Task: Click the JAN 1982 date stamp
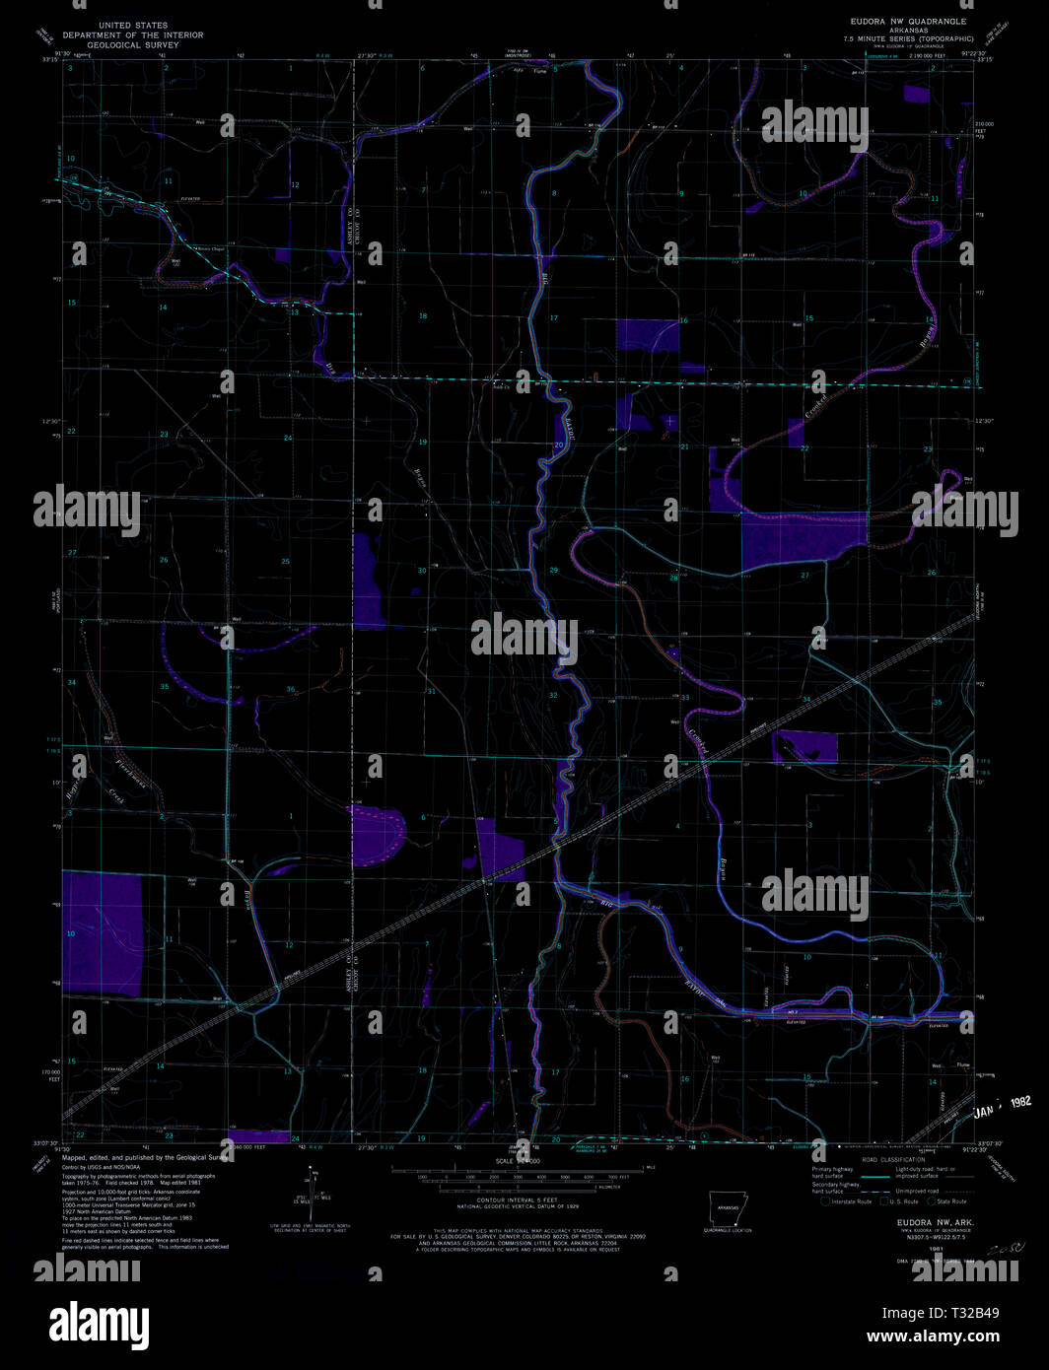click(1002, 1100)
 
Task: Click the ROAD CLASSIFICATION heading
click(882, 1160)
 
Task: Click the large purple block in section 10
click(102, 931)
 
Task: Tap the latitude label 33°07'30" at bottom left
click(48, 1142)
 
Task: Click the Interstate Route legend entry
click(849, 1201)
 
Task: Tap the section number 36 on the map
click(291, 689)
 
